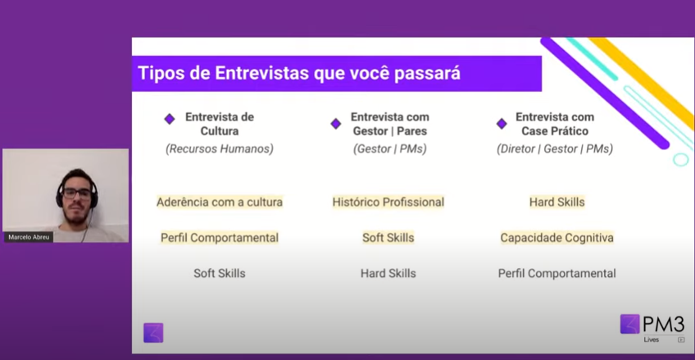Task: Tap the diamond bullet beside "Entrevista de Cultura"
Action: tap(170, 119)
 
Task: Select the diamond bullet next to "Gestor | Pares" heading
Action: tap(336, 124)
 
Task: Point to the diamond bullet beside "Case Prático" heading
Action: tap(502, 124)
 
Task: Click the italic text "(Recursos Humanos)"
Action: tap(220, 149)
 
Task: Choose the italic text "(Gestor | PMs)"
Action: tap(390, 149)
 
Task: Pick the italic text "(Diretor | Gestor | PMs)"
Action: tap(555, 149)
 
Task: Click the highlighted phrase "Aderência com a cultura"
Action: tap(220, 203)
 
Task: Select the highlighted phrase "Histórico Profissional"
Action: tap(388, 203)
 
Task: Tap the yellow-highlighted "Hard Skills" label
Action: tap(557, 203)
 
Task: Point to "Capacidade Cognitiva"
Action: tap(557, 238)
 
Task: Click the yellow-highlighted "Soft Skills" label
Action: tap(388, 238)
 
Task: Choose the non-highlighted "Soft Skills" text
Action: tap(220, 273)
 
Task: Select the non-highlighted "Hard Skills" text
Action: tap(388, 274)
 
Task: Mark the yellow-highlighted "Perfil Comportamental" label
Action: tap(220, 238)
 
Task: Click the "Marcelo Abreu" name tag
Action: tap(29, 237)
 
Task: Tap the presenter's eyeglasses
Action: tap(77, 194)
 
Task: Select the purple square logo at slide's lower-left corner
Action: tap(153, 333)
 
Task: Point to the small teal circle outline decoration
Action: tap(681, 159)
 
